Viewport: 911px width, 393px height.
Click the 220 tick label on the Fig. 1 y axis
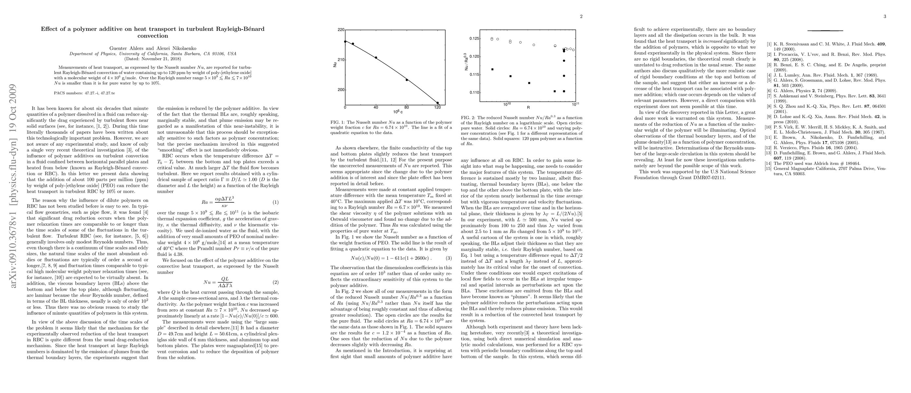coord(341,30)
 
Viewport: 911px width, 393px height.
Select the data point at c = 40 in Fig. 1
coord(376,58)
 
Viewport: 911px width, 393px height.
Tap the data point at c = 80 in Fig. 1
coord(407,80)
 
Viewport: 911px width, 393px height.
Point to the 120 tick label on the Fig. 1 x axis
coord(437,107)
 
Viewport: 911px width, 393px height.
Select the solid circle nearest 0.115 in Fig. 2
coord(564,76)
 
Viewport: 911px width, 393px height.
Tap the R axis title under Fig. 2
coord(528,107)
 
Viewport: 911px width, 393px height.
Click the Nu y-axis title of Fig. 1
coord(334,65)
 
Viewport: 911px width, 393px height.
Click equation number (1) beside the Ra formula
coord(275,202)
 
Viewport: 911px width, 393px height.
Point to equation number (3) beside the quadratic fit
coord(449,258)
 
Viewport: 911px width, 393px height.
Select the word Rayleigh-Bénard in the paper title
coord(240,29)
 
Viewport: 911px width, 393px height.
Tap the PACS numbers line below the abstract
coord(84,93)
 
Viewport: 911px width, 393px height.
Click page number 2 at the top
coord(581,17)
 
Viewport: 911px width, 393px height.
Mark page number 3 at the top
coord(885,17)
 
